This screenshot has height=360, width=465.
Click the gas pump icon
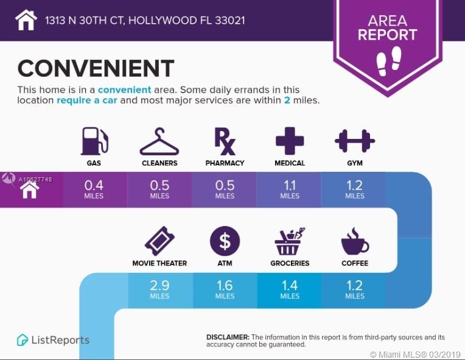click(94, 141)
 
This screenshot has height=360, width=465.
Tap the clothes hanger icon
click(159, 142)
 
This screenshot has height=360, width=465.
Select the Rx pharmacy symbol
click(225, 141)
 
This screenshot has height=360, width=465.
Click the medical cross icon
click(290, 141)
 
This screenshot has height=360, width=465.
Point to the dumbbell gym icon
click(355, 141)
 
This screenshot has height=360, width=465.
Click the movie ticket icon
click(159, 241)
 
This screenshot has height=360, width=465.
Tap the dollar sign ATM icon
click(225, 241)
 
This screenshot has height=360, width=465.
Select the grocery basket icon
click(289, 241)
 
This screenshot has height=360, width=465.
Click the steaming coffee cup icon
click(354, 241)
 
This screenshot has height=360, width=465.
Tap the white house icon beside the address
click(26, 20)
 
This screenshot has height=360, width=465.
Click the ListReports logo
click(53, 340)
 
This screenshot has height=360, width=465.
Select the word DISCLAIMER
click(228, 337)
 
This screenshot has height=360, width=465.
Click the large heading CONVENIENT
click(96, 69)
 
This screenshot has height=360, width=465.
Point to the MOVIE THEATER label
click(159, 263)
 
